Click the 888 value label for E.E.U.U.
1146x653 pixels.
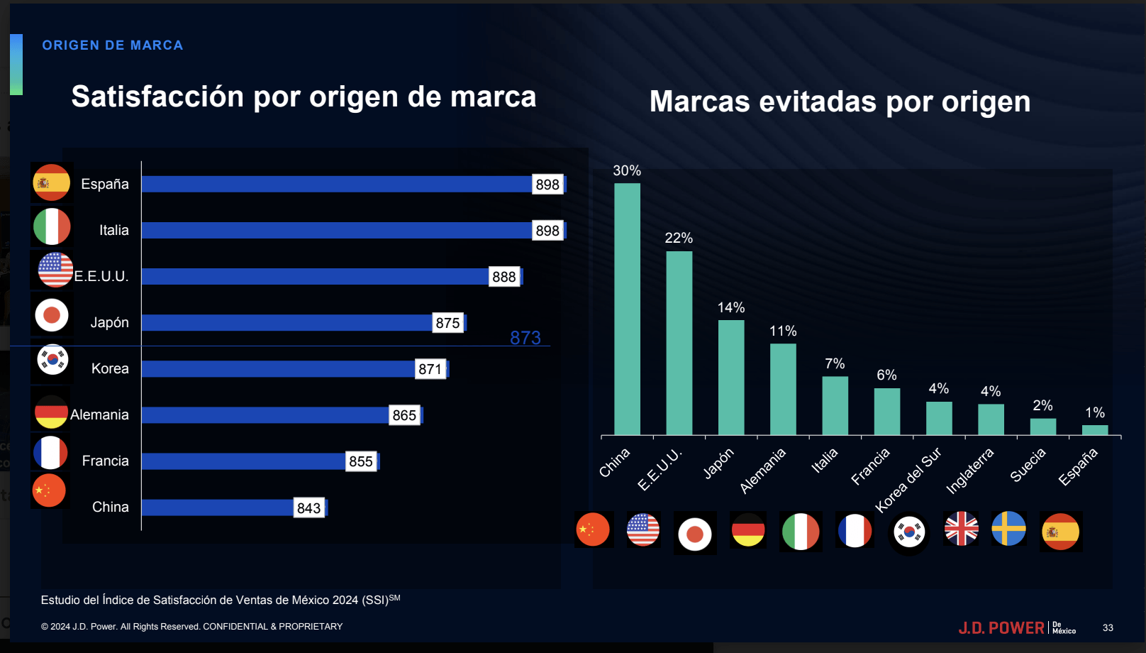point(504,277)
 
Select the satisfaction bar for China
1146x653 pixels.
point(218,507)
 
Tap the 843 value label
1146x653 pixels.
point(309,508)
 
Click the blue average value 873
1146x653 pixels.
point(525,338)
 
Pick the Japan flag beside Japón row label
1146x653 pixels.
point(52,315)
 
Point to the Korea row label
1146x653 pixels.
point(110,368)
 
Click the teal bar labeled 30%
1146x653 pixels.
point(627,309)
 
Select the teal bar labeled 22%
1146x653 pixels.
point(679,343)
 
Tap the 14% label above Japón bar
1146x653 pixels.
point(730,307)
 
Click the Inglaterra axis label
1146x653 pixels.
point(970,471)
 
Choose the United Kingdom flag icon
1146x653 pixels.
point(962,529)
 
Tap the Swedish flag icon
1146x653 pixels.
point(1008,529)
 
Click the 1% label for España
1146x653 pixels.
point(1095,412)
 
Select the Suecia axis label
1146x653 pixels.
point(1028,466)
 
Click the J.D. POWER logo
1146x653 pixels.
point(1001,628)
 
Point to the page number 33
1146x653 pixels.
point(1108,628)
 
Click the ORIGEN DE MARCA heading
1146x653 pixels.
point(113,45)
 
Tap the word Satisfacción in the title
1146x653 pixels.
point(157,97)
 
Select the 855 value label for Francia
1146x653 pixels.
point(361,461)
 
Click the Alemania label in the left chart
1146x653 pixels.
point(99,415)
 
